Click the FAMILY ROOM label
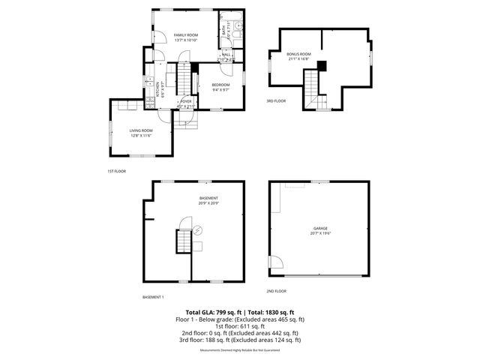tap(185, 35)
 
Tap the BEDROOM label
tap(221, 85)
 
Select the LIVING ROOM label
tap(141, 131)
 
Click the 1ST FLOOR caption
tap(116, 171)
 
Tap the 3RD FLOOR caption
tap(276, 100)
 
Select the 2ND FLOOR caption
tap(276, 291)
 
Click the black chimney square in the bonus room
tap(322, 65)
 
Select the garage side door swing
tap(275, 262)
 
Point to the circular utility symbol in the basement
tap(198, 231)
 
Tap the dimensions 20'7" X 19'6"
tap(320, 233)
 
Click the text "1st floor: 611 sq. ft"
tap(240, 327)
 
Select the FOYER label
tap(186, 100)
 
